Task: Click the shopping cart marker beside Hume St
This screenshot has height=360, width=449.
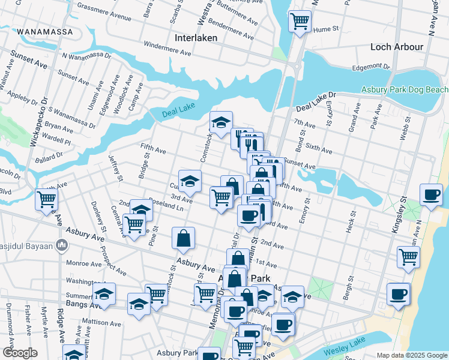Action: point(300,22)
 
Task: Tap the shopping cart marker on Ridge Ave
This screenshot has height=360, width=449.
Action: point(46,200)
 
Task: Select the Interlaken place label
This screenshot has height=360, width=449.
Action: point(194,38)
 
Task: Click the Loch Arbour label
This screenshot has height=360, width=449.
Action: point(397,47)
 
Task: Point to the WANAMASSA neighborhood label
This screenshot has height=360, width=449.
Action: point(45,31)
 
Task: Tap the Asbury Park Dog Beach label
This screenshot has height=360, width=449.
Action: point(404,90)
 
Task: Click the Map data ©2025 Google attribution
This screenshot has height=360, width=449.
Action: point(411,355)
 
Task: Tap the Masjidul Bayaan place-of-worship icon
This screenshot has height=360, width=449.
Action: point(61,245)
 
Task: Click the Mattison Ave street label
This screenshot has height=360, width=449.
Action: point(102,322)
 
